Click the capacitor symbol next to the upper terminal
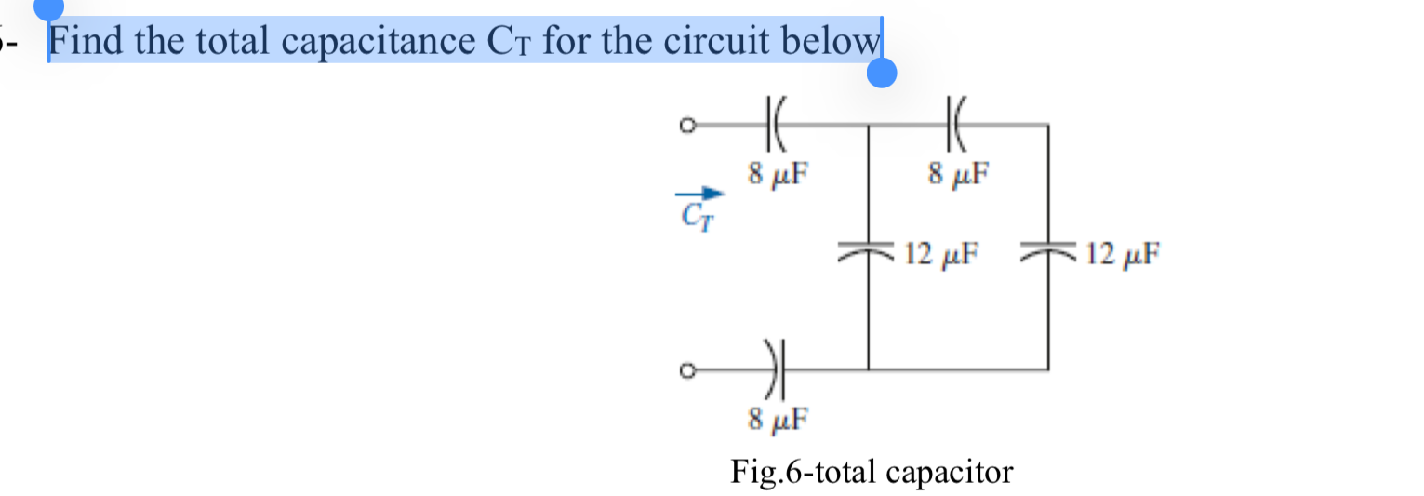776,123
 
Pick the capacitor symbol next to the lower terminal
776,370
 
